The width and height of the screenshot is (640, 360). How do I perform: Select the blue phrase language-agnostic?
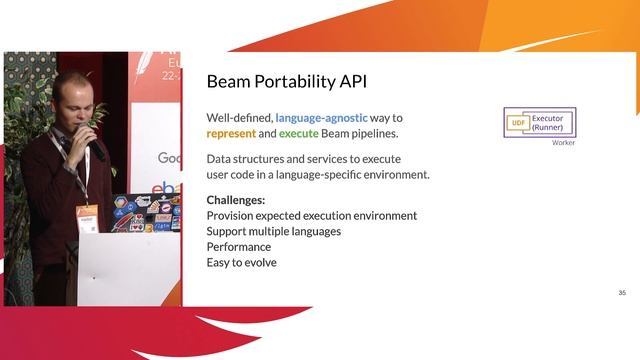click(321, 117)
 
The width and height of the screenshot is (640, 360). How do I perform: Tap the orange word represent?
click(231, 133)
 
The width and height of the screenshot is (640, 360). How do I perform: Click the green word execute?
click(299, 133)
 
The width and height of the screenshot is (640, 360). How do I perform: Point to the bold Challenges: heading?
click(236, 199)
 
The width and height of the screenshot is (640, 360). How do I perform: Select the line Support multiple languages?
click(273, 231)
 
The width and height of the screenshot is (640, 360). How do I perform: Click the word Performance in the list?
click(238, 247)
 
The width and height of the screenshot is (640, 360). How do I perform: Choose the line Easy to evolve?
click(241, 263)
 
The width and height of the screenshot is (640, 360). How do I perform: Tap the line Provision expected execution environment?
click(311, 215)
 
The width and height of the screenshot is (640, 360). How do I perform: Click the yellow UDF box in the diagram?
click(517, 123)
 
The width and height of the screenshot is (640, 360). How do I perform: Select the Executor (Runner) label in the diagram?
click(547, 123)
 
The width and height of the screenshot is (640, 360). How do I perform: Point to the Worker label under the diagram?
click(563, 143)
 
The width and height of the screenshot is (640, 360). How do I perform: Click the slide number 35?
click(621, 293)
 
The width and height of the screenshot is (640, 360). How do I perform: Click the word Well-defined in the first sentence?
click(238, 117)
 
